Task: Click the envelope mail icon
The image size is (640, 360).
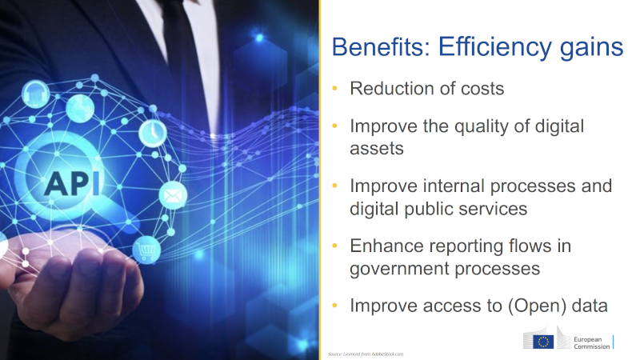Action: click(172, 194)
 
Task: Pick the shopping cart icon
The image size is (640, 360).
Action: click(146, 250)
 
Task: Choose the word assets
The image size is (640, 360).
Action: click(376, 148)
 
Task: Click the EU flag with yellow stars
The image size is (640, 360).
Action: click(544, 342)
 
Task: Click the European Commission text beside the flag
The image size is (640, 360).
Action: click(593, 342)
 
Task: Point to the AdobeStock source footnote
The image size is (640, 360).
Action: click(366, 354)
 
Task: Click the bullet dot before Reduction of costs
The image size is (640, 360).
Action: click(335, 88)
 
